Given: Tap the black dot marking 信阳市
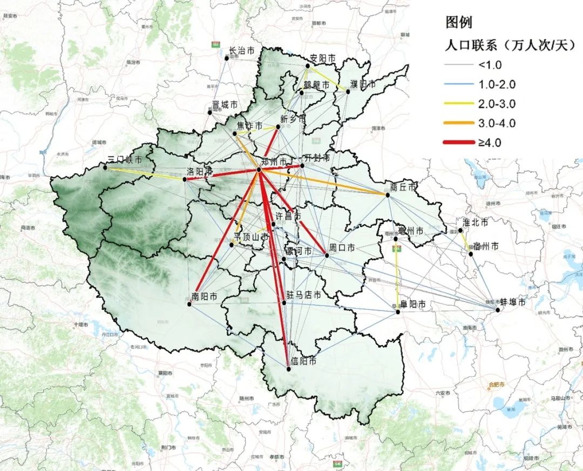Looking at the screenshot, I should tap(288, 369).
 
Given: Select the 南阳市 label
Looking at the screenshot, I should tap(205, 297).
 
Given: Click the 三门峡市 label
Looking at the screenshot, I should tap(125, 160).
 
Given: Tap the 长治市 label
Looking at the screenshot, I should tap(241, 51).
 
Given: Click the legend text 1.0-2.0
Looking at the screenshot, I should tap(497, 84).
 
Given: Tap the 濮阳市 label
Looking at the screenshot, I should tap(362, 84).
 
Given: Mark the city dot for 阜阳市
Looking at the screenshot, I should tap(398, 312).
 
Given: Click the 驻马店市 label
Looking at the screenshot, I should tap(303, 295).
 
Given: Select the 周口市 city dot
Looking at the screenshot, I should tap(327, 254).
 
